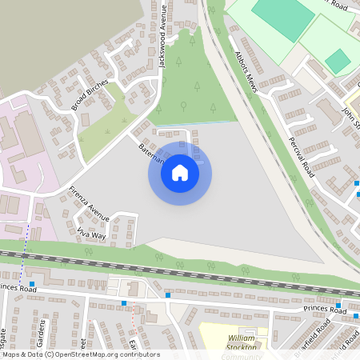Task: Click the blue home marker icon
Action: (x=180, y=172)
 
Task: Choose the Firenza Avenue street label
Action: (x=89, y=203)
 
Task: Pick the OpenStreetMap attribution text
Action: (x=80, y=354)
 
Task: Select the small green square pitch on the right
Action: (x=338, y=60)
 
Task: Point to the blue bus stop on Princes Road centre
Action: (x=124, y=302)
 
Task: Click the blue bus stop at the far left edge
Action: (x=32, y=284)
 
